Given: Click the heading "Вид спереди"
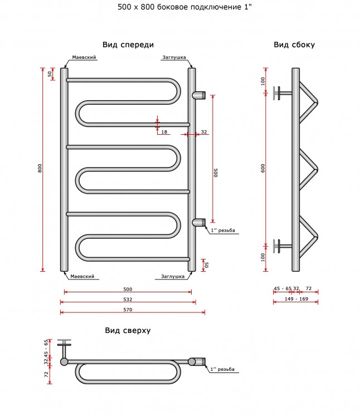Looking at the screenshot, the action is click(128, 45).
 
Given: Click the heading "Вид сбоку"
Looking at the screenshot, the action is click(294, 45).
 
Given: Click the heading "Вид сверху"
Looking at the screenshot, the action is click(128, 330).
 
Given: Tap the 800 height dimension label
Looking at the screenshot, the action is click(40, 168).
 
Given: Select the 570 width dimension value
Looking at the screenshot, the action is click(128, 310).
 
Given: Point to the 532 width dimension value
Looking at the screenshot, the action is click(128, 300).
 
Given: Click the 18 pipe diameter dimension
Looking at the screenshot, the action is click(164, 132).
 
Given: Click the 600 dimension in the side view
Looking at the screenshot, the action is click(263, 168).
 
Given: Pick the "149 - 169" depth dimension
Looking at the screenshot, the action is click(296, 299).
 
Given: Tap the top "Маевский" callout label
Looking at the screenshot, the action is click(84, 57).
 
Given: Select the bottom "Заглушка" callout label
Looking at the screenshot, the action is click(173, 276).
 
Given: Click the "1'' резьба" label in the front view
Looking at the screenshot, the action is click(223, 230).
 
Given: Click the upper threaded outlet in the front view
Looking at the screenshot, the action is click(199, 95).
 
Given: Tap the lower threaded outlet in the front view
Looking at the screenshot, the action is click(199, 223).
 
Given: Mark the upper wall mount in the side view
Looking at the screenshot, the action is click(282, 93).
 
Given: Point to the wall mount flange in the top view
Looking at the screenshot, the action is click(64, 343).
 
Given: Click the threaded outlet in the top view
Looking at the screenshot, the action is click(197, 362).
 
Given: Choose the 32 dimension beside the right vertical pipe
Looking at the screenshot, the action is click(204, 132).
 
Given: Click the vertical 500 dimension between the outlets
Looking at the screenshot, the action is click(216, 173).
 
